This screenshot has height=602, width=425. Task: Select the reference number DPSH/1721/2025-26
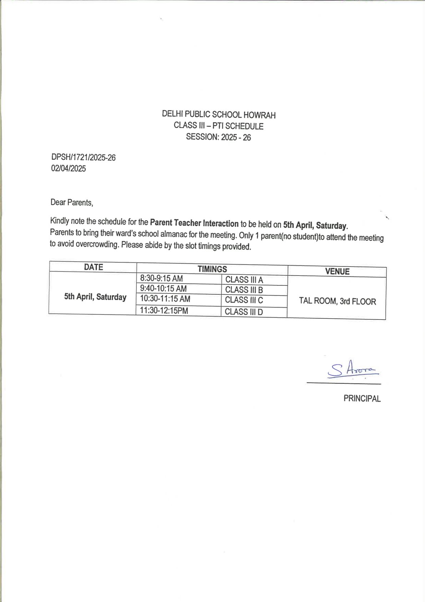click(83, 157)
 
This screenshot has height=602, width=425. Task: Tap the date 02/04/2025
click(68, 168)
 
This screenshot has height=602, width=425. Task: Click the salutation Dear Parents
click(71, 202)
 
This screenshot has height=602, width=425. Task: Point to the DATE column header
click(93, 267)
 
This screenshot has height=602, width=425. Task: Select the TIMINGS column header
click(212, 269)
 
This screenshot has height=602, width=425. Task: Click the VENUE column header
click(337, 271)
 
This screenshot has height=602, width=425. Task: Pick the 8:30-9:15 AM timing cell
click(161, 279)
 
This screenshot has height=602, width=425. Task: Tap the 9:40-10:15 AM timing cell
click(163, 289)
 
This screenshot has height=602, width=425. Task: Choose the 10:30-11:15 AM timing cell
click(165, 299)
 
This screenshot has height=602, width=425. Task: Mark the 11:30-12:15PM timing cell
click(164, 310)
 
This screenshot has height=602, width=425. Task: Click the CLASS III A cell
click(244, 280)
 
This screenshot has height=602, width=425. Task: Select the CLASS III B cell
click(244, 290)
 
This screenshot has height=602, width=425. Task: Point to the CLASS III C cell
click(244, 300)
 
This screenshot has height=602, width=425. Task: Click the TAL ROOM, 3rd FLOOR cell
click(337, 301)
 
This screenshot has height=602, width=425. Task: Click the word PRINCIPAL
click(362, 398)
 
